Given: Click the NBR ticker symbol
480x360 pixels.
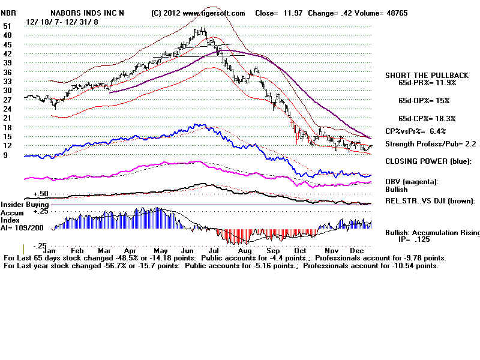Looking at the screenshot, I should [x=9, y=13].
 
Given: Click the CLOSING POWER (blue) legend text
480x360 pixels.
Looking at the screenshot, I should [x=428, y=161].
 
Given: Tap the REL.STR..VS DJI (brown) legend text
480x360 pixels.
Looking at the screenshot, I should [x=430, y=201].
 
